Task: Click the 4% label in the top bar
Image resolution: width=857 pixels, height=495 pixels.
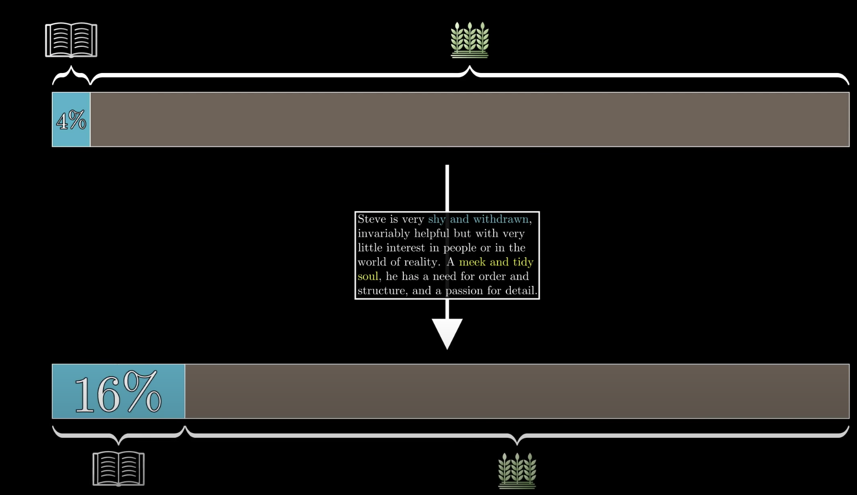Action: [x=71, y=120]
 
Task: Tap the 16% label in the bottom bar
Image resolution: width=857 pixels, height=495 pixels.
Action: [x=118, y=392]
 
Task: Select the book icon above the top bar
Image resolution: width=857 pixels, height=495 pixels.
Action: [x=71, y=40]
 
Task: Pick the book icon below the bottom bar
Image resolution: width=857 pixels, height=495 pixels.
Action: [x=118, y=468]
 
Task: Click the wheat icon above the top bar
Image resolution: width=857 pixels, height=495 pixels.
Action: [x=469, y=40]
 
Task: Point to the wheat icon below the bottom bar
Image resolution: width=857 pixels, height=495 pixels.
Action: [x=517, y=470]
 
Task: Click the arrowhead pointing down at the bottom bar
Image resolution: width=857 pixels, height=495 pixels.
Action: [x=447, y=333]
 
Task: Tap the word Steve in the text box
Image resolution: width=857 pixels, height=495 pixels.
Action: [x=371, y=219]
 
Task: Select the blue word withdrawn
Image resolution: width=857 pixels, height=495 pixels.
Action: [x=500, y=219]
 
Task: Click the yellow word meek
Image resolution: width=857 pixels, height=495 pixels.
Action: [x=472, y=262]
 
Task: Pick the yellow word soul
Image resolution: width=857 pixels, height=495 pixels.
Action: [x=368, y=277]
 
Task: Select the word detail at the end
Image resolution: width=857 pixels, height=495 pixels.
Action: [x=521, y=291]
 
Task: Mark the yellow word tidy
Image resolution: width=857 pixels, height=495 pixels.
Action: [x=523, y=262]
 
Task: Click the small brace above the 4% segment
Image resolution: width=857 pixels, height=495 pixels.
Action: [x=71, y=74]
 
